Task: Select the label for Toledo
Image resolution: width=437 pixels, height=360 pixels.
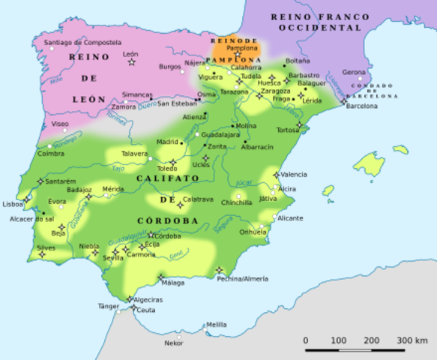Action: [166, 169]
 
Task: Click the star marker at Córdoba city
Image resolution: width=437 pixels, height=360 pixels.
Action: [150, 235]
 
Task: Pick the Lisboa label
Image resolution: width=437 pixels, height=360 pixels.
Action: [13, 204]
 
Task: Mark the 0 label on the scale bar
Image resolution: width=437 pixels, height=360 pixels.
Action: [306, 340]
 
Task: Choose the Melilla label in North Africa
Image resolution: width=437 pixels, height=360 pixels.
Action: [216, 324]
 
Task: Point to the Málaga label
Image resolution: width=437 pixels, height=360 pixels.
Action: [172, 283]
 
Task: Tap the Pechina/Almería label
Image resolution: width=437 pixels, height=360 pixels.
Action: [243, 278]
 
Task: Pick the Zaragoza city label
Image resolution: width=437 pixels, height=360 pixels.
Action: [275, 91]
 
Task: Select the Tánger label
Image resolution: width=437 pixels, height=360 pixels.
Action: [108, 306]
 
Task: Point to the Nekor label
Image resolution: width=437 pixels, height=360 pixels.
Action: [173, 343]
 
